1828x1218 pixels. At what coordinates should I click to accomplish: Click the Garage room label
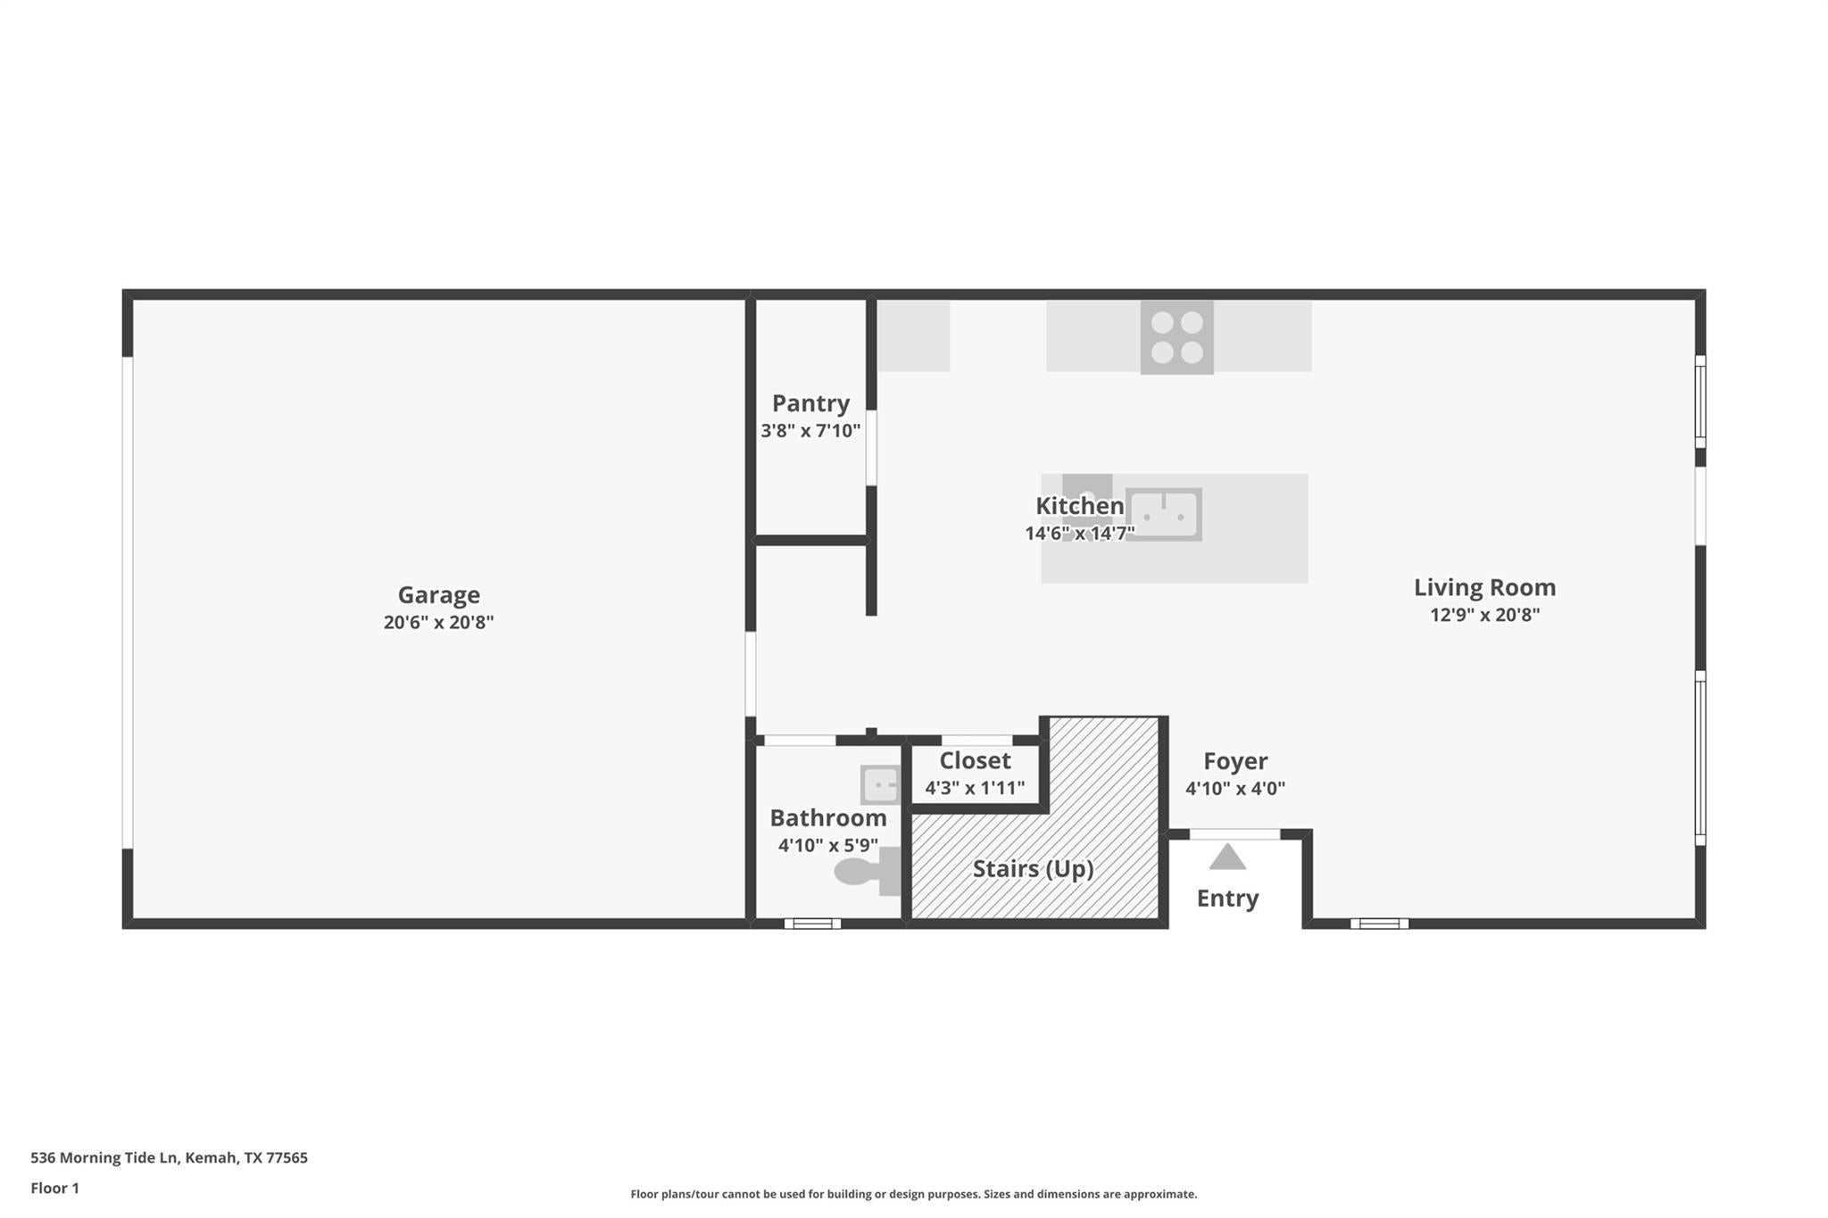click(x=438, y=595)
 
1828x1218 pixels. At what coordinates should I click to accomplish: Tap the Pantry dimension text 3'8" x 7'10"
click(x=810, y=431)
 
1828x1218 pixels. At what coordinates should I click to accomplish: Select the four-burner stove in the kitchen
click(x=1176, y=337)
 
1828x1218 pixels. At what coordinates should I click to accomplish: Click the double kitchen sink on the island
click(x=1163, y=515)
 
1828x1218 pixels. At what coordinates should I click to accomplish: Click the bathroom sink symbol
click(x=880, y=785)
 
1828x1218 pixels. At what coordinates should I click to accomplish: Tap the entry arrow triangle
click(x=1227, y=857)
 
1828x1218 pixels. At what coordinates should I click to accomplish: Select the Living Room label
click(x=1484, y=587)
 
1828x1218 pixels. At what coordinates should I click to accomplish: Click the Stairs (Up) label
click(x=1033, y=869)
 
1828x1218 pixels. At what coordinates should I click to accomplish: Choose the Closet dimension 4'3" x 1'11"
click(x=975, y=789)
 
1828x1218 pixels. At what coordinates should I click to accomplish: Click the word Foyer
click(x=1235, y=761)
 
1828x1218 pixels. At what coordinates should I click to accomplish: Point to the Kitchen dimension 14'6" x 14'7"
click(x=1080, y=534)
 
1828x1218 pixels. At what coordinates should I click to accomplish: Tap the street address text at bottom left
click(x=169, y=1158)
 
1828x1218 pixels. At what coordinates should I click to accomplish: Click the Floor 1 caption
click(x=54, y=1189)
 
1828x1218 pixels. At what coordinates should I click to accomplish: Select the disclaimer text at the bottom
click(x=914, y=1194)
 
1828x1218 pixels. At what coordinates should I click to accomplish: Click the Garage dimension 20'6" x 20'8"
click(x=438, y=623)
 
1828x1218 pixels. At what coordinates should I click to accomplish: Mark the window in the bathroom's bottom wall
click(x=812, y=924)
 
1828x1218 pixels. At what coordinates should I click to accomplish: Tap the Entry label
click(x=1227, y=899)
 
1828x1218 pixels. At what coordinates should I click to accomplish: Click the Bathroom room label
click(x=828, y=818)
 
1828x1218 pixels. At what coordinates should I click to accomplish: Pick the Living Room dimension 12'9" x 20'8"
click(x=1484, y=615)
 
